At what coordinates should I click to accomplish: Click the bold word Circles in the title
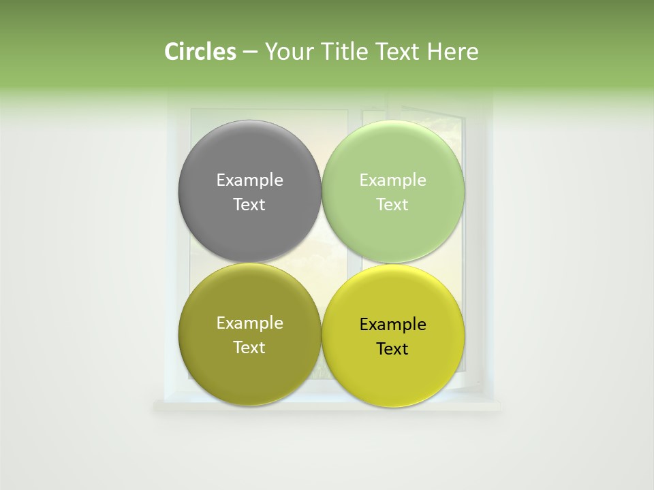pyautogui.click(x=200, y=52)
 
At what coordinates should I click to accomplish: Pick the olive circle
pyautogui.click(x=249, y=371)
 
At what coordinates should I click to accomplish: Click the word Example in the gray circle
pyautogui.click(x=249, y=180)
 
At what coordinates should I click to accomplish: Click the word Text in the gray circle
pyautogui.click(x=249, y=205)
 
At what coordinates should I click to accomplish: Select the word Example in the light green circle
pyautogui.click(x=392, y=180)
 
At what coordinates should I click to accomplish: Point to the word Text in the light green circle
pyautogui.click(x=392, y=205)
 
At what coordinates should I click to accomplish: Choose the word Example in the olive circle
pyautogui.click(x=249, y=323)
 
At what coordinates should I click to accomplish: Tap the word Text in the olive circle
pyautogui.click(x=249, y=348)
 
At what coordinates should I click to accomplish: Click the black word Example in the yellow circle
pyautogui.click(x=392, y=325)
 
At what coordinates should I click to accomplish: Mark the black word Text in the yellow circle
pyautogui.click(x=392, y=349)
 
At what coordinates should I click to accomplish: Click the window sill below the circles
pyautogui.click(x=327, y=406)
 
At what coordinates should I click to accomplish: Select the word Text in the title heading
pyautogui.click(x=399, y=52)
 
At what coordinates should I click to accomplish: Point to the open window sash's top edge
pyautogui.click(x=429, y=110)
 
